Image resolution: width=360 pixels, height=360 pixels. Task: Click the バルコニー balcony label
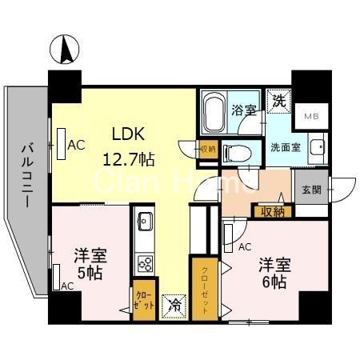pos(27,174)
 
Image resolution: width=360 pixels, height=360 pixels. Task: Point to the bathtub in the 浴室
pos(213,113)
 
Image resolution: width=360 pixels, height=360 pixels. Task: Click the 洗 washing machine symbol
pos(278,102)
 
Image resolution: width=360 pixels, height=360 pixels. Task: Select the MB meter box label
pos(308,118)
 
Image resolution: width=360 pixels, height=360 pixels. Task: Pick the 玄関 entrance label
pos(310,190)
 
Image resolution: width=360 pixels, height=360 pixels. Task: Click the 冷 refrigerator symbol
pos(172,305)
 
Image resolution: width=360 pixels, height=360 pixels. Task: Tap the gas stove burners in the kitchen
pos(146,262)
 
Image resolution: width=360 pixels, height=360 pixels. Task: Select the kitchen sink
pos(145,222)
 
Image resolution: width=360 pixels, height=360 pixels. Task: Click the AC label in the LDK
pos(76,145)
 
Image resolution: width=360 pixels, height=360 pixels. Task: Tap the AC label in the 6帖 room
pos(245,247)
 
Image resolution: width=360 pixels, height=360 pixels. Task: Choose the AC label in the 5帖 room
pos(67,286)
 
